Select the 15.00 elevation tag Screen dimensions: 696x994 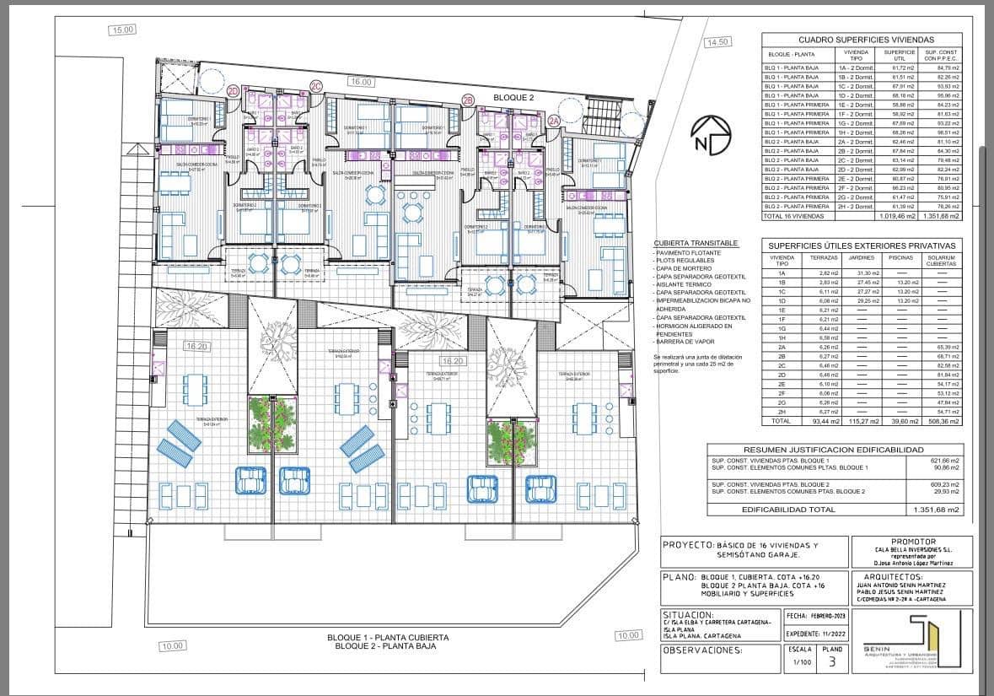tap(122, 30)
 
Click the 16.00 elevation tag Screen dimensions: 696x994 tap(361, 82)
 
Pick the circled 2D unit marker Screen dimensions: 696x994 tap(234, 91)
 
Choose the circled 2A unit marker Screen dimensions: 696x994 tap(554, 121)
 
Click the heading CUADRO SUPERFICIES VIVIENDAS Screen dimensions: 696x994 tap(866, 40)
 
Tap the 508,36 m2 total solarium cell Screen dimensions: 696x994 tap(940, 420)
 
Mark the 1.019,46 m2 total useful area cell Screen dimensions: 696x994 tap(900, 216)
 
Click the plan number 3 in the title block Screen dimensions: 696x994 tap(832, 662)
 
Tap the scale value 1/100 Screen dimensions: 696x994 tap(799, 663)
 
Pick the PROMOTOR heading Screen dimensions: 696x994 tap(911, 543)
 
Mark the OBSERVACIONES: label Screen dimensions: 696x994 tap(703, 650)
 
